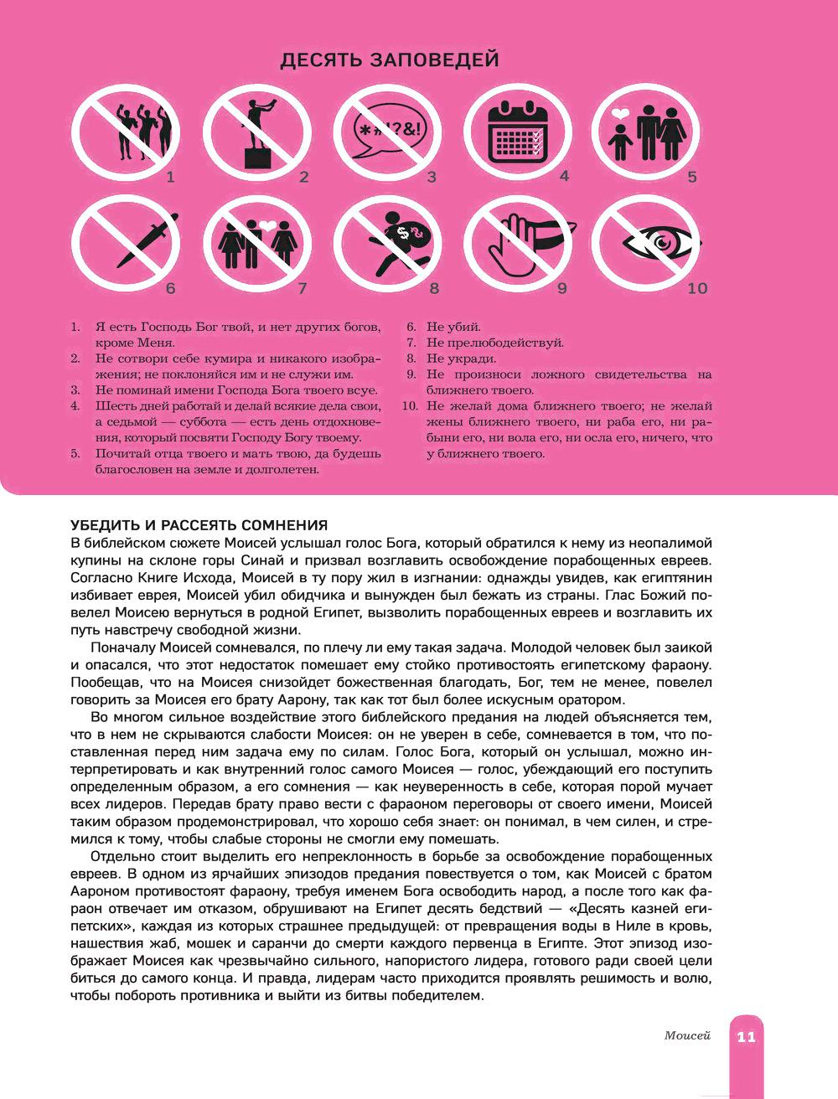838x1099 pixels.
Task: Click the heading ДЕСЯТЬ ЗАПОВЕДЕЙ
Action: [x=390, y=60]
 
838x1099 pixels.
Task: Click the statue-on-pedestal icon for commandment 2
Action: [x=257, y=132]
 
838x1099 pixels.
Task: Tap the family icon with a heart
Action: [x=648, y=132]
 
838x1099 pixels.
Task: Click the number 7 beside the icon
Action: [x=303, y=289]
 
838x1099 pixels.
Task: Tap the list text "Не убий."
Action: [x=453, y=328]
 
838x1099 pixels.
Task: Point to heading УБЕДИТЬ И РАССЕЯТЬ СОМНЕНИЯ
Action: [x=199, y=526]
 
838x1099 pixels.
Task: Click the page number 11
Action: [x=746, y=1037]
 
